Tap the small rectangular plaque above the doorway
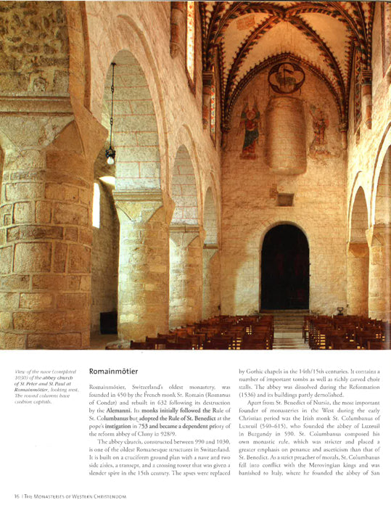(284, 198)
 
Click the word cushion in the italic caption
(23, 401)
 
